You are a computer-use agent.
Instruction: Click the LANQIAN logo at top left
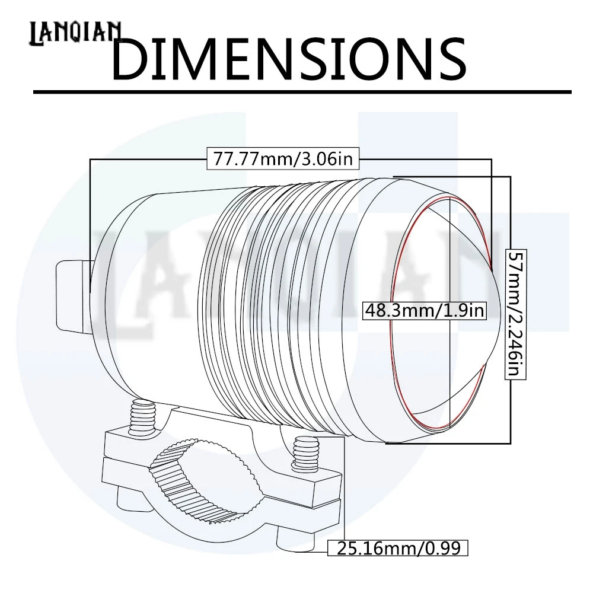(75, 33)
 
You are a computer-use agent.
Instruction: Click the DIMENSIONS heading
(289, 59)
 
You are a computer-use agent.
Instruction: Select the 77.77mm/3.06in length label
(283, 158)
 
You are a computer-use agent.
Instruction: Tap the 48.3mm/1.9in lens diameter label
(425, 311)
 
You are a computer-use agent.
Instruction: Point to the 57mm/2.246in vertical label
(516, 314)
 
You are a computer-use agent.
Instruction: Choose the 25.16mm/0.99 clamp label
(398, 548)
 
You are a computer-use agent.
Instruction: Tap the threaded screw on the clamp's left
(142, 419)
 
